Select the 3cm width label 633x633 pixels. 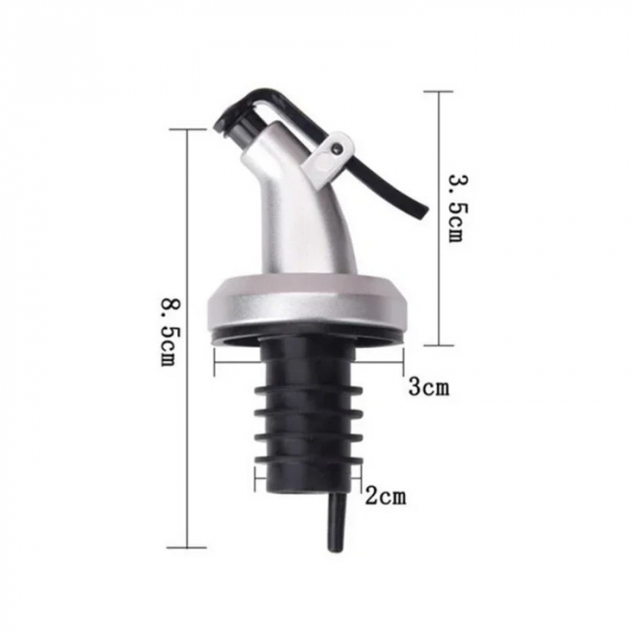coord(428,388)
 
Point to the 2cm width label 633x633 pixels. coord(386,496)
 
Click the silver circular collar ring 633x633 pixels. coord(308,303)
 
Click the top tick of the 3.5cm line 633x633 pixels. coord(439,91)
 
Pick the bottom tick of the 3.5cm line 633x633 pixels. coord(439,345)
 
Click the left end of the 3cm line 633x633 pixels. coord(214,363)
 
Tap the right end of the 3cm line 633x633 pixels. coord(403,363)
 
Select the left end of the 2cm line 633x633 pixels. coord(256,477)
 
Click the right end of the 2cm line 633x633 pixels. coord(361,477)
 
